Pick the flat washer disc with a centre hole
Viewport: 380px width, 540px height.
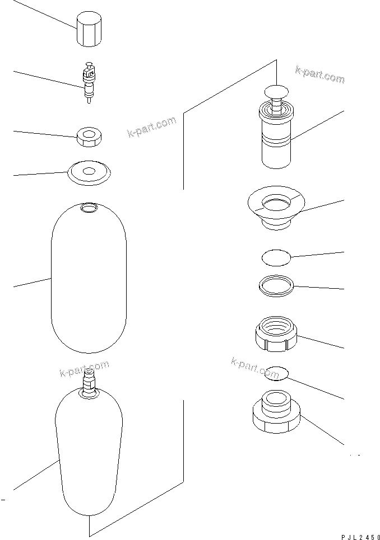pos(89,171)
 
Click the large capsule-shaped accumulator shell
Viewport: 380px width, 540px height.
pos(89,280)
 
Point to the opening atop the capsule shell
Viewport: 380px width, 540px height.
pos(89,209)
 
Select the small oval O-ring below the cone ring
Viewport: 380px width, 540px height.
pos(276,258)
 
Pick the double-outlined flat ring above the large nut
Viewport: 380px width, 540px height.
pos(276,285)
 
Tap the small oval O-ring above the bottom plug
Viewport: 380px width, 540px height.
pos(276,373)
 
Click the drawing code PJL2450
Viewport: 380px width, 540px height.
pos(357,536)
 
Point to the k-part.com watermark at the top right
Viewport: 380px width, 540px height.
pos(320,74)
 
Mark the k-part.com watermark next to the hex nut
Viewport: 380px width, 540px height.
pos(151,128)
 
